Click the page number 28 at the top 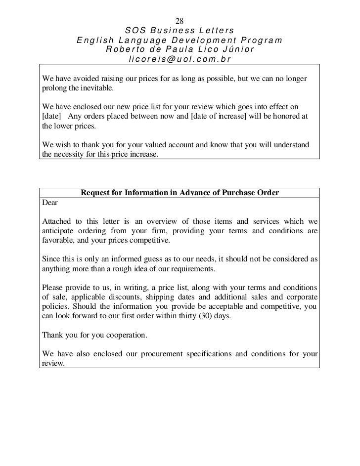click(180, 21)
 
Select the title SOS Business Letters click(180, 31)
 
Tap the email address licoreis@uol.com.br click(180, 59)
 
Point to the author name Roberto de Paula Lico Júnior click(180, 50)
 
